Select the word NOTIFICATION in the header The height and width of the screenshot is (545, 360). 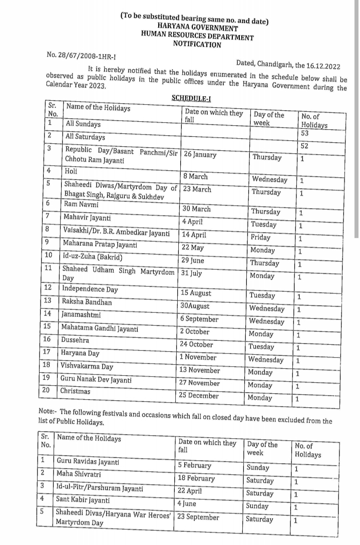[x=197, y=45]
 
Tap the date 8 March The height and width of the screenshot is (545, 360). [x=195, y=176]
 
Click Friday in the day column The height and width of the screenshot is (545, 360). [x=260, y=237]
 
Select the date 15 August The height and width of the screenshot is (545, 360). [x=196, y=293]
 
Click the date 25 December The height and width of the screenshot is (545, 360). [x=199, y=396]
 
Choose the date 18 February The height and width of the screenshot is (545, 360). [x=196, y=478]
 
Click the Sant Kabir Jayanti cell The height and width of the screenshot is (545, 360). [x=84, y=500]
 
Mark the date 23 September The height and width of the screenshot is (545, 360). [x=199, y=517]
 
